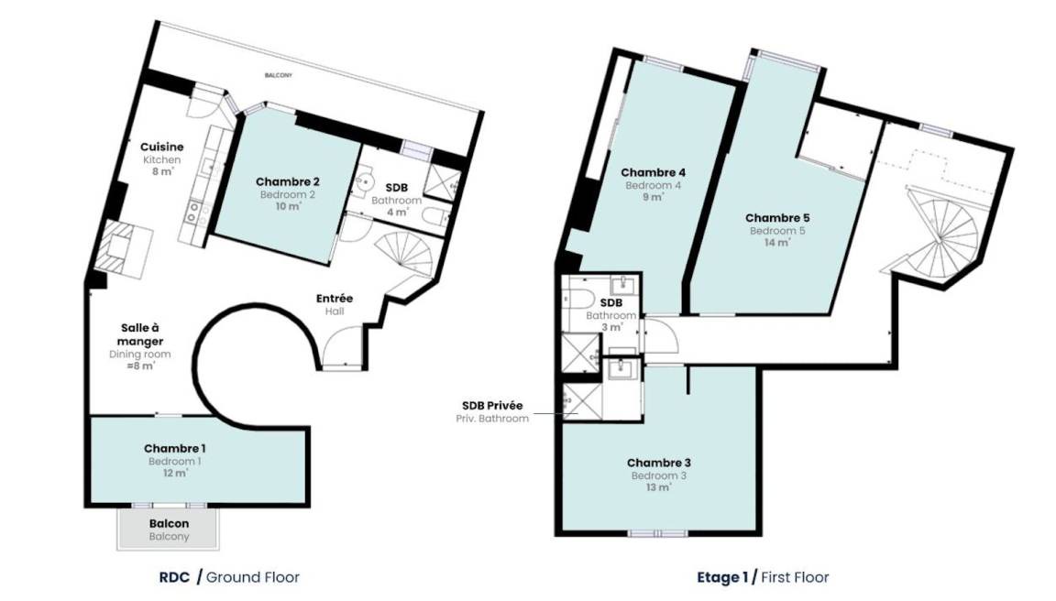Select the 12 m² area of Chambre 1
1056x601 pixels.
click(x=175, y=473)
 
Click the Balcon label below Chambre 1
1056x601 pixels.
click(x=169, y=530)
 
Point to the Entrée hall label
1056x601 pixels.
click(x=335, y=304)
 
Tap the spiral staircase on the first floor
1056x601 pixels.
click(x=940, y=229)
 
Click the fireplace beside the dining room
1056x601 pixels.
click(x=122, y=250)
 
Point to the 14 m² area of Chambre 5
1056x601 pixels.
click(x=777, y=242)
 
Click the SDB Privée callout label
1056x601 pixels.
click(x=492, y=411)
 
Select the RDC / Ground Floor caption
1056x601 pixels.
click(x=229, y=577)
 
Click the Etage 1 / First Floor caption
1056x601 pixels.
click(x=763, y=577)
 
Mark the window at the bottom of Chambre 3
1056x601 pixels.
click(x=658, y=534)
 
